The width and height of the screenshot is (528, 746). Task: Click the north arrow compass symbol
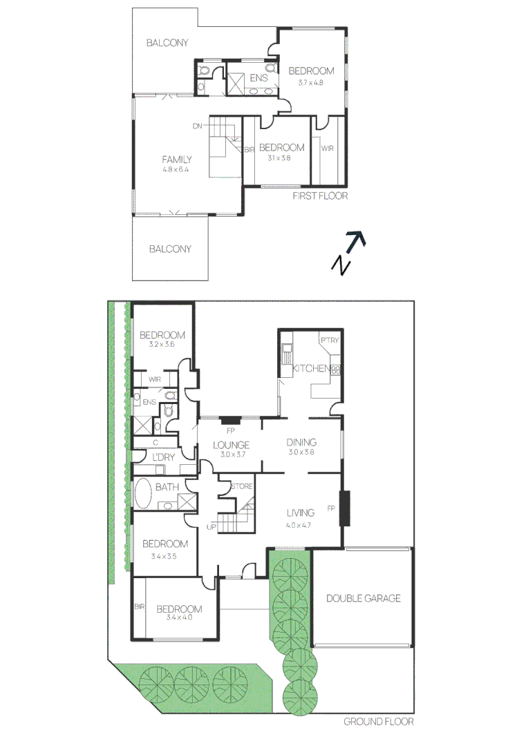coord(349,252)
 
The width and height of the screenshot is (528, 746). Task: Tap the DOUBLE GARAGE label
coord(364,598)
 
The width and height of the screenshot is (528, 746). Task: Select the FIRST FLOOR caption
coord(320,195)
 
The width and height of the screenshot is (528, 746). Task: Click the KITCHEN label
coord(312,367)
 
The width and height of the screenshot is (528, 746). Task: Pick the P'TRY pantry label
coord(330,340)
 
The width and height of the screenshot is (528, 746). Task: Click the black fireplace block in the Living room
coord(344,508)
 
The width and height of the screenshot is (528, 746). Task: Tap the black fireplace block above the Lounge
coord(231,420)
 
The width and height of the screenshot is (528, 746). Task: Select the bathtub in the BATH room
coord(143,494)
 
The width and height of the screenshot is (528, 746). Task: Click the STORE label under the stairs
coord(241,486)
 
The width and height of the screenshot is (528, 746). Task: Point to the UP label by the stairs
coord(211,526)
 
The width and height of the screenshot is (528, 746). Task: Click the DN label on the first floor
coord(197,126)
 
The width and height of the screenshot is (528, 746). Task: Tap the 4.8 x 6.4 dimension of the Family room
coord(176,169)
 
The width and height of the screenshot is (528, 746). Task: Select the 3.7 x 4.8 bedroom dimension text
coord(310,82)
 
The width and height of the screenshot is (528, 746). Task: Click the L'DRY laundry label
coord(163,457)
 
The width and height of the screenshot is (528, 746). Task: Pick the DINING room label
coord(301,442)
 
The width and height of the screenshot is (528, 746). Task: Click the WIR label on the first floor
coord(327,149)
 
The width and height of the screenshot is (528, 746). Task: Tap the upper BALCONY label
coord(167,43)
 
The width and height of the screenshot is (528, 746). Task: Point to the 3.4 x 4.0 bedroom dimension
coord(179,618)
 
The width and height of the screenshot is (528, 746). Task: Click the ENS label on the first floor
coord(258,77)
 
